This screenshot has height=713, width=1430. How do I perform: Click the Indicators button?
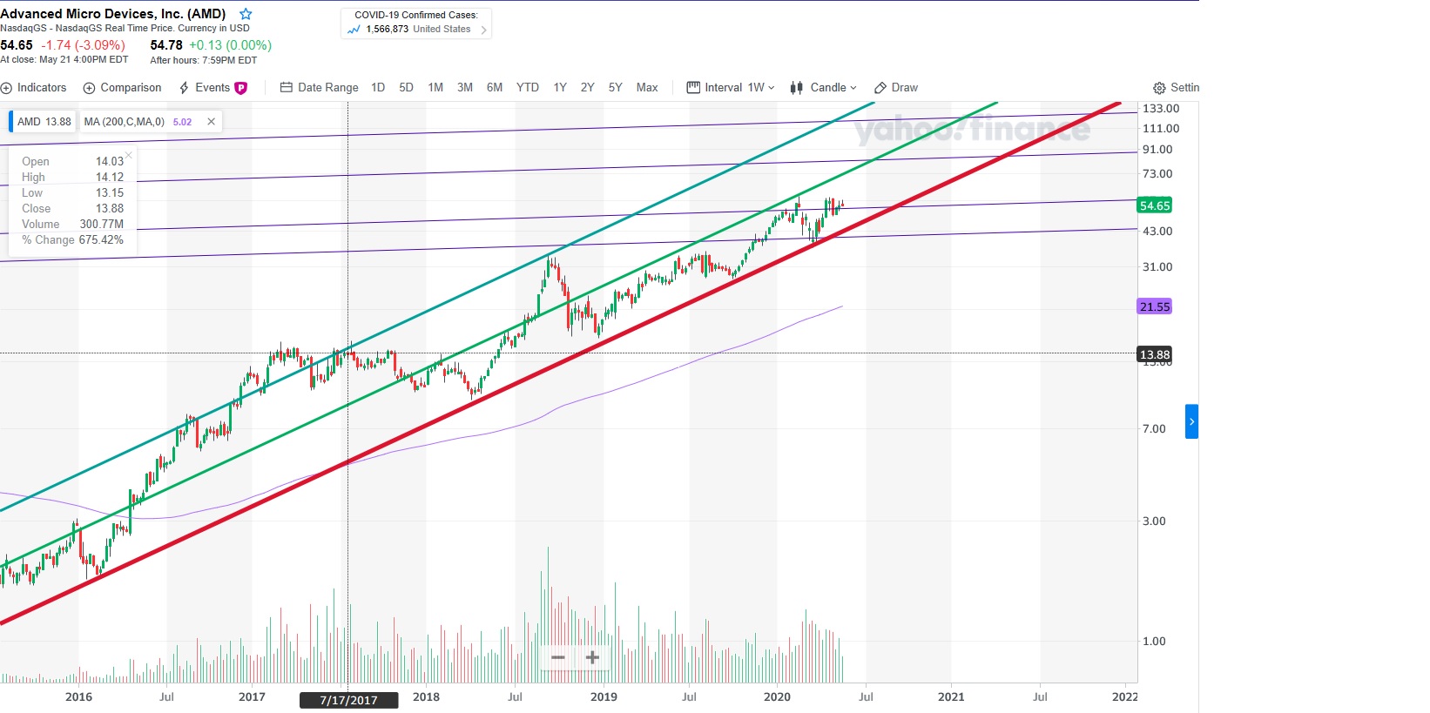pos(35,88)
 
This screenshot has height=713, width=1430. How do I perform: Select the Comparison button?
pos(123,88)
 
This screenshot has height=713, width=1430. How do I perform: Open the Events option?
pos(212,88)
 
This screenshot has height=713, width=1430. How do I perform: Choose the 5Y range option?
pos(615,88)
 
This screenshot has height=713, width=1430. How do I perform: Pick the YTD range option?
pos(527,88)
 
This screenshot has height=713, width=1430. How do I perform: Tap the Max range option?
pos(646,88)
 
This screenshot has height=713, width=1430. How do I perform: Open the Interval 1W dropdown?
pos(731,88)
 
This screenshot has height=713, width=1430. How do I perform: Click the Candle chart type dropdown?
pos(823,88)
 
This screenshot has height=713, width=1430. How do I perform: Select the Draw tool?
pos(896,88)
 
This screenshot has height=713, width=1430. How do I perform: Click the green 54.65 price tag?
pos(1154,205)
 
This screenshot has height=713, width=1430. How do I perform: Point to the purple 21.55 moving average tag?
pos(1154,306)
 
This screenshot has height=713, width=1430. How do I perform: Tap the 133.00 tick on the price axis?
pos(1160,109)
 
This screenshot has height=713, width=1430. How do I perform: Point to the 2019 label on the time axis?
pos(604,696)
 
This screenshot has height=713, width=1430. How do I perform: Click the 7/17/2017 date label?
pos(348,700)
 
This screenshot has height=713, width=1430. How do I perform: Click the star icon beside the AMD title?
pos(246,14)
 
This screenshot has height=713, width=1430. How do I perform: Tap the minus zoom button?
pos(558,657)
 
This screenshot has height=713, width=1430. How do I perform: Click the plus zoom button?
pos(592,657)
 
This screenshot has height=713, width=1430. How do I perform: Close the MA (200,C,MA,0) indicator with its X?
pos(211,122)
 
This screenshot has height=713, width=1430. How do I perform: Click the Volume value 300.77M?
pos(101,224)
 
